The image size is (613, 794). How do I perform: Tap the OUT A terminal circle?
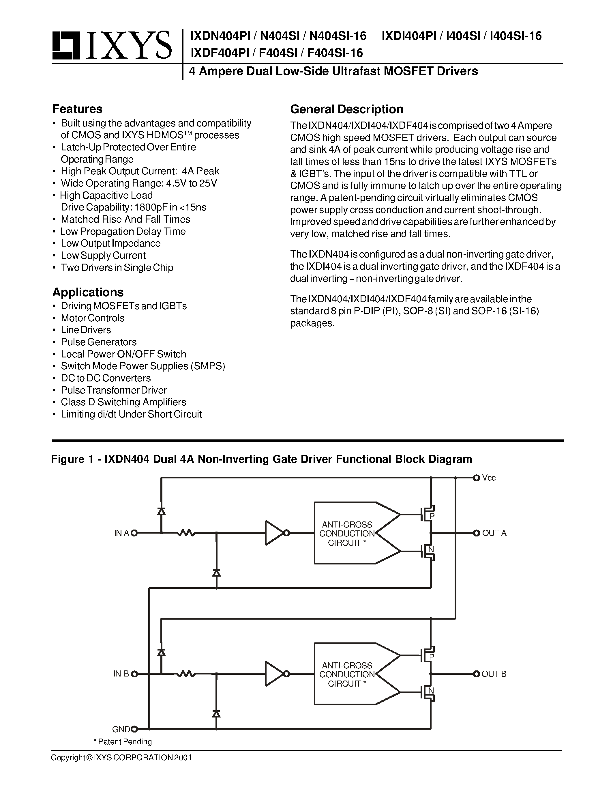click(x=477, y=533)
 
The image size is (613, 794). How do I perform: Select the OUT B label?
click(x=494, y=674)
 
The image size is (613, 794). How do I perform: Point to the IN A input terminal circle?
click(x=134, y=533)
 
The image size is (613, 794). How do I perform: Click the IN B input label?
click(x=121, y=674)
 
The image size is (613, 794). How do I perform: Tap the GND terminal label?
click(x=121, y=729)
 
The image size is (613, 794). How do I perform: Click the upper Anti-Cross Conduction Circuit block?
click(x=347, y=533)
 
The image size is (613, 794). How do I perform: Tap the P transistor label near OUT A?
click(x=432, y=515)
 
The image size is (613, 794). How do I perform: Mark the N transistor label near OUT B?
click(x=431, y=690)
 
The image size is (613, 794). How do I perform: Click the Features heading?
click(x=77, y=109)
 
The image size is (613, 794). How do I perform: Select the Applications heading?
click(x=88, y=292)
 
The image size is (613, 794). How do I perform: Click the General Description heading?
click(x=346, y=109)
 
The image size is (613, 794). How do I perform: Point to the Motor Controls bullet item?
click(x=93, y=318)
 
